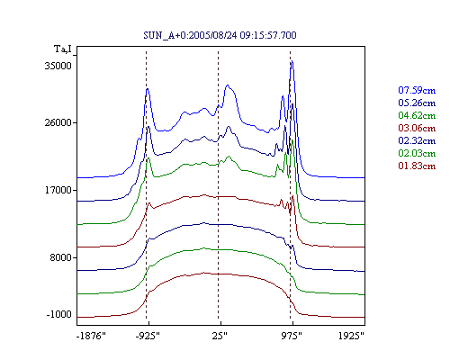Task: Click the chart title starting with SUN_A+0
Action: tap(220, 35)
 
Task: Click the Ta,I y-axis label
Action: tap(63, 49)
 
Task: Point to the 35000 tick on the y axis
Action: tap(58, 66)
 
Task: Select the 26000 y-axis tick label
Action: tap(58, 122)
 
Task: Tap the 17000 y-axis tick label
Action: tap(58, 190)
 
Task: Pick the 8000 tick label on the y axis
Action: tap(61, 257)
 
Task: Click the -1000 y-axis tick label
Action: tap(59, 314)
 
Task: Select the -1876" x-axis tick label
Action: tap(92, 336)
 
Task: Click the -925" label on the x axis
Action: tap(148, 336)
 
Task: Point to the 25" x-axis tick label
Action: tap(220, 336)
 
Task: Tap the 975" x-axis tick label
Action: tap(292, 336)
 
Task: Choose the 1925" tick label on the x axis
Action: tap(351, 336)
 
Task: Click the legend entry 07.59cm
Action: tap(417, 90)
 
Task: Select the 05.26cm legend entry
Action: tap(417, 103)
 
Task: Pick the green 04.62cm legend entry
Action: tap(417, 115)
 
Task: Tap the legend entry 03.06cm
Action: tap(417, 128)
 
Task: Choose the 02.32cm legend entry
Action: tap(417, 140)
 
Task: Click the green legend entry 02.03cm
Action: tap(417, 153)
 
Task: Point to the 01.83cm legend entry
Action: tap(417, 166)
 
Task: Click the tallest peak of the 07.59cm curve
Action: tap(292, 61)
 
